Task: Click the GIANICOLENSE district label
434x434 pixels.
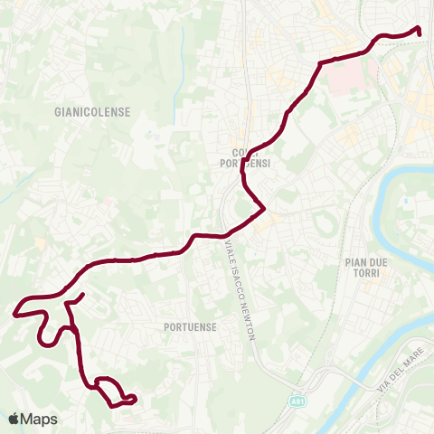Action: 92,112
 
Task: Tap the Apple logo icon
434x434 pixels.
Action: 14,419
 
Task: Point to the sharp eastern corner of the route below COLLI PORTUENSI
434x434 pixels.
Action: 263,211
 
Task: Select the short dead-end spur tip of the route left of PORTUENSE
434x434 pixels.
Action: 83,295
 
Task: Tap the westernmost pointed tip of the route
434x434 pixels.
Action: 14,314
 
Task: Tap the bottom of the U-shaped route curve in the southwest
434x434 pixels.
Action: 45,343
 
